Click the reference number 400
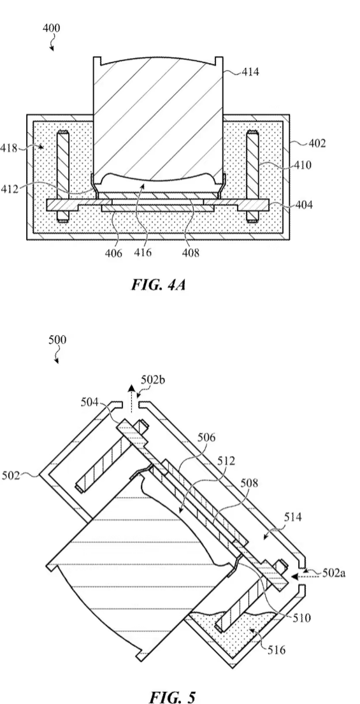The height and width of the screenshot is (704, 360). point(51,28)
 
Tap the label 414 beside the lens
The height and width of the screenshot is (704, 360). point(250,71)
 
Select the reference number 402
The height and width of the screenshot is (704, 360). point(317,144)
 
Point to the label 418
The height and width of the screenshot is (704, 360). point(9,148)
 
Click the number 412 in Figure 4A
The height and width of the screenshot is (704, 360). point(10,188)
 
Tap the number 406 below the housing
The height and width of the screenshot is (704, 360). point(114,253)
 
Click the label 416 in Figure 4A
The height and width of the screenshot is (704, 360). point(142,253)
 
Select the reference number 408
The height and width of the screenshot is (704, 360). point(190,253)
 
